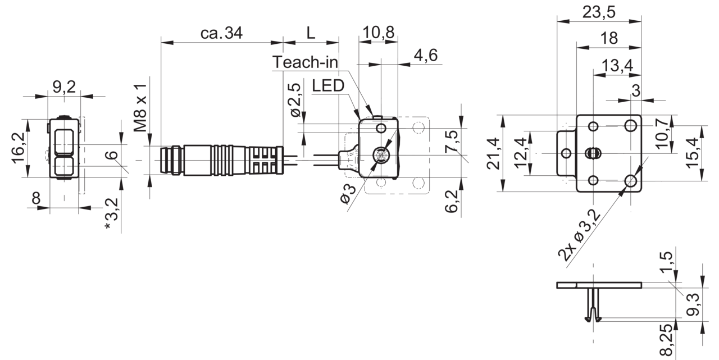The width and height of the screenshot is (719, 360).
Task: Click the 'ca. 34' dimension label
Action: coord(221,33)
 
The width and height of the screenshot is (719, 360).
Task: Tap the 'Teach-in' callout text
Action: coord(305,62)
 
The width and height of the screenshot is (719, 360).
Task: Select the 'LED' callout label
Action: coord(328,86)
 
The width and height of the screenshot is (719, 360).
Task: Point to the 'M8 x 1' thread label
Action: coord(140,108)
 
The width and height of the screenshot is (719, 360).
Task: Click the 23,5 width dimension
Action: coord(599,12)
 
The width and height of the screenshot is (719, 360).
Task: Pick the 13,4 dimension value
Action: coord(617,66)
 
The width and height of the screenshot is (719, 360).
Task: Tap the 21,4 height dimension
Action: coord(493,154)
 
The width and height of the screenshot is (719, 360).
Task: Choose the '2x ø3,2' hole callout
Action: coord(579,235)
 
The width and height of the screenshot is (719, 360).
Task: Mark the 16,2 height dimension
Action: coord(19,148)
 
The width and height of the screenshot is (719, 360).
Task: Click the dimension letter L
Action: coord(311,33)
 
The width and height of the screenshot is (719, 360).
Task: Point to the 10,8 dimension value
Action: coord(379,33)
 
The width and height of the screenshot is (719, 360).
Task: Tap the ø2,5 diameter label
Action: coord(295,100)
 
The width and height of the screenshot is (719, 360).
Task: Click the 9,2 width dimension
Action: coord(64,87)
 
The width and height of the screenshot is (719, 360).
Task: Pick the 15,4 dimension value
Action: coord(693,153)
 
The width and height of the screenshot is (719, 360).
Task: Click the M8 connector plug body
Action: coord(222,160)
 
